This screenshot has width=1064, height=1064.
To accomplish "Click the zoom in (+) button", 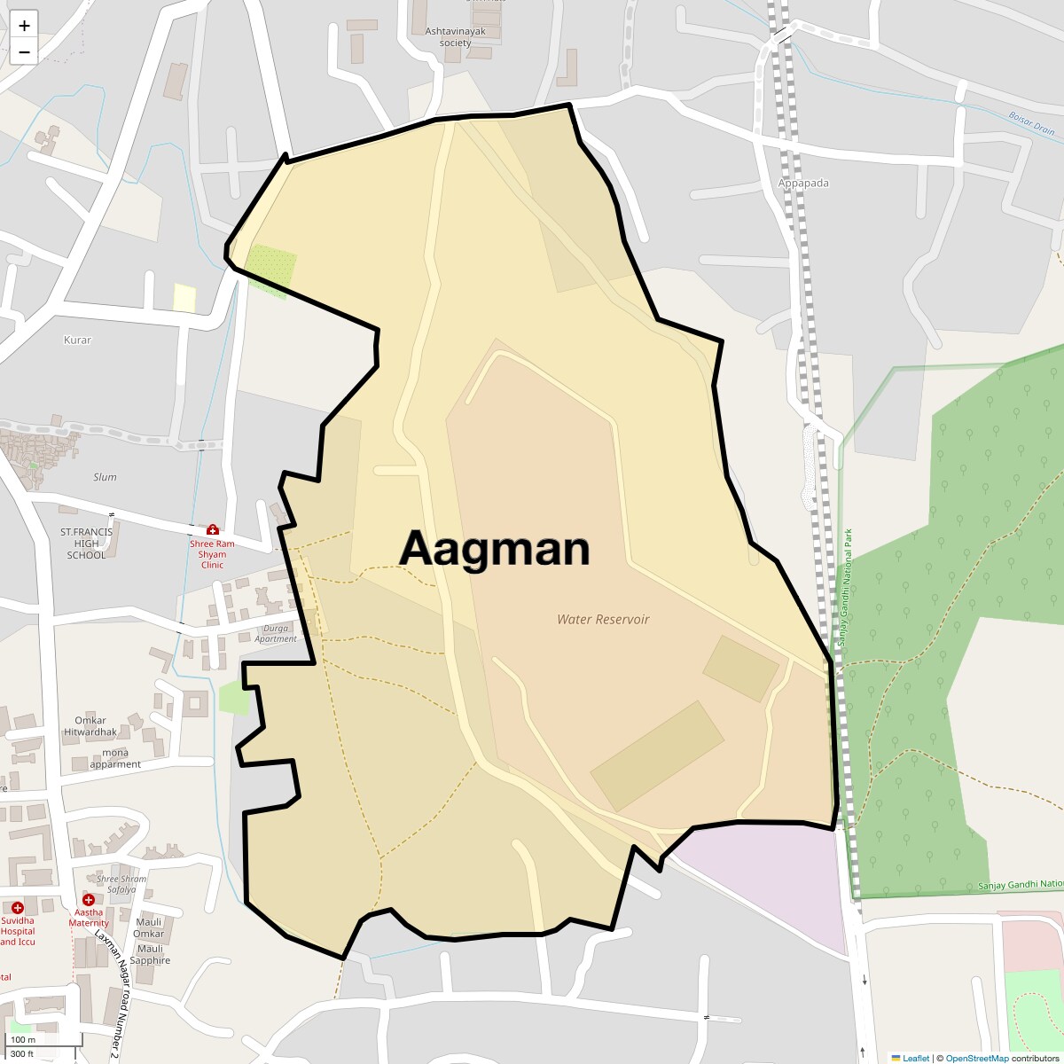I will (24, 26).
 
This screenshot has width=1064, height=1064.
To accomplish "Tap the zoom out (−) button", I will (24, 52).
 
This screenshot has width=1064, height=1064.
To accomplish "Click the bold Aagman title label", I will (495, 548).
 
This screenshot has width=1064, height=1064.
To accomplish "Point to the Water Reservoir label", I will (603, 620).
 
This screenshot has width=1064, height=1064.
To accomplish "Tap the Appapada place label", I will (803, 184).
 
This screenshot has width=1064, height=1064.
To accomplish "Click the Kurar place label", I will (77, 340).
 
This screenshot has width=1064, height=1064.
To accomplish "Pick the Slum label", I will (105, 477).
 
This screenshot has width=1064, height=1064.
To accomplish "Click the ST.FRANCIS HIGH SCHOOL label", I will (86, 544).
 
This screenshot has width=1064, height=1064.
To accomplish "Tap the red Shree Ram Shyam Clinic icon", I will (212, 529).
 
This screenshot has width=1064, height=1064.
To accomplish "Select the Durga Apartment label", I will (276, 633).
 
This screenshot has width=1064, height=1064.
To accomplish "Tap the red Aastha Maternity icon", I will (89, 900).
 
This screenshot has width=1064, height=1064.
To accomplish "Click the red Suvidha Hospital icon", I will (18, 907).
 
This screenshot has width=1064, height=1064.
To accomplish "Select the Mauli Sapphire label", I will (150, 955).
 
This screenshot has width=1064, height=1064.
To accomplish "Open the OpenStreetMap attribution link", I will (976, 1058).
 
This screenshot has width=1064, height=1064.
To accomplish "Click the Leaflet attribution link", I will (915, 1058).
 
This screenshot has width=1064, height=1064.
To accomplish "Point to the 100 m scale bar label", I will (23, 1040).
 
